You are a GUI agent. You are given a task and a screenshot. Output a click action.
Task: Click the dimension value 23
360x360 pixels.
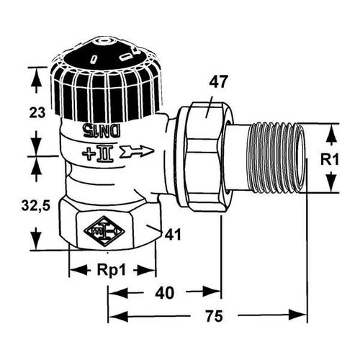tap(37, 112)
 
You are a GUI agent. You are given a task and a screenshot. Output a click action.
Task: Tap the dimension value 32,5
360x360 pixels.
tap(36, 205)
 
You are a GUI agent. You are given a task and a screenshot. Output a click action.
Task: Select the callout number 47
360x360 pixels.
tap(217, 82)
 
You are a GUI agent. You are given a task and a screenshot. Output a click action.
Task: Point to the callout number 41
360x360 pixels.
tap(173, 234)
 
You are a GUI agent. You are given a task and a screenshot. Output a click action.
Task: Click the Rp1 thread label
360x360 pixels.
tap(111, 271)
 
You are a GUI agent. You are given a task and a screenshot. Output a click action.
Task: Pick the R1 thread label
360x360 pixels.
tap(330, 159)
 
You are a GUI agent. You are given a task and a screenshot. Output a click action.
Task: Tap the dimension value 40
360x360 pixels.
tap(164, 293)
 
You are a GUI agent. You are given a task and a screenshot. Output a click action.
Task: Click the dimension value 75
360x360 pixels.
tap(214, 316)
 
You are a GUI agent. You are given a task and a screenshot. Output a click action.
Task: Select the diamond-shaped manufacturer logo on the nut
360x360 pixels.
tap(104, 231)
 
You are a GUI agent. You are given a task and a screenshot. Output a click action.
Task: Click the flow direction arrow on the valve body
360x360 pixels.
tap(137, 152)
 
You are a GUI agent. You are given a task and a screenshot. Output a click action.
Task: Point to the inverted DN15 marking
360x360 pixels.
tap(102, 131)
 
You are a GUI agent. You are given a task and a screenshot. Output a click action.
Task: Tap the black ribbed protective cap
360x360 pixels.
tap(106, 81)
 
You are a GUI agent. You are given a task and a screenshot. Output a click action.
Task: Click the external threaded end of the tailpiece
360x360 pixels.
tap(278, 158)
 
